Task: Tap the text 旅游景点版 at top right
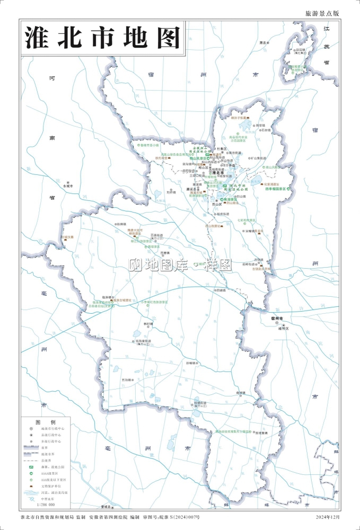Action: (322, 13)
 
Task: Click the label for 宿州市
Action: (277, 318)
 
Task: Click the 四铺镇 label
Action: (220, 290)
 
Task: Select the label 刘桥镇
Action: (171, 192)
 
